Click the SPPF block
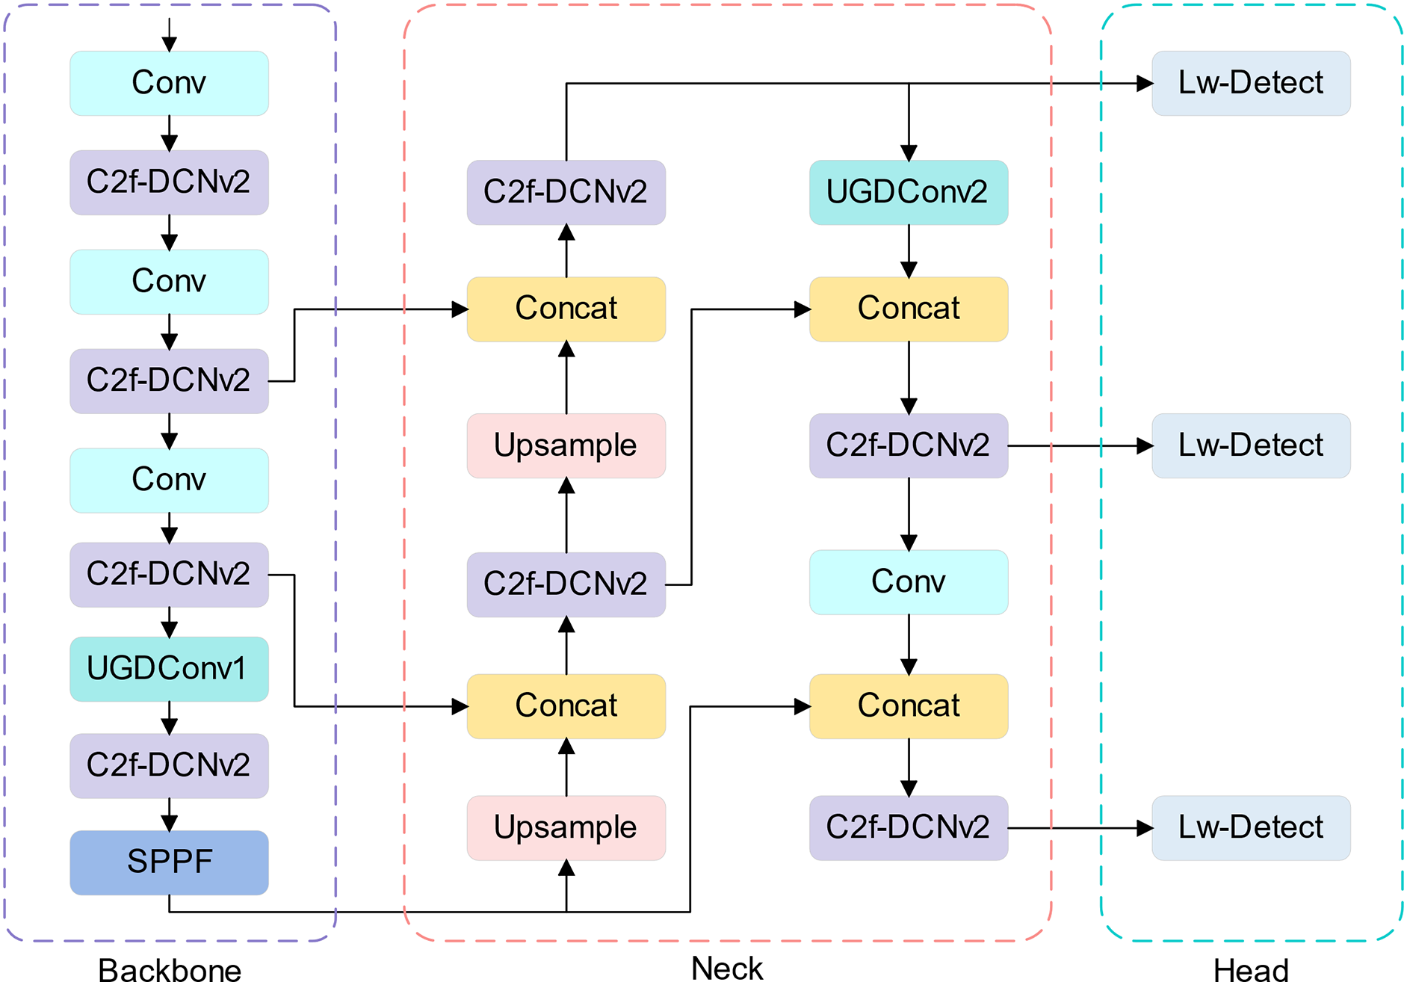click(x=169, y=862)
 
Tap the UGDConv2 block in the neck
click(x=908, y=192)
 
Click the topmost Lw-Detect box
click(x=1250, y=83)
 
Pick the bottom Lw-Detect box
click(x=1250, y=827)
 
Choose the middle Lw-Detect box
click(x=1250, y=445)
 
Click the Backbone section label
click(x=170, y=970)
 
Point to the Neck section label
click(x=726, y=969)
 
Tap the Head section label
click(x=1250, y=970)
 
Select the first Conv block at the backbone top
click(x=169, y=83)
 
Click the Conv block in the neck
click(x=908, y=582)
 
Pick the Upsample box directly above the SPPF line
click(x=566, y=827)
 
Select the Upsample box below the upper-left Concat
click(x=566, y=445)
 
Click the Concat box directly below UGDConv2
click(x=908, y=309)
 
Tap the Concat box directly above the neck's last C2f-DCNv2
click(x=908, y=706)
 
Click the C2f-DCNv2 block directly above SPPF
click(x=169, y=765)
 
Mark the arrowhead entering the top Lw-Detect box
click(x=1144, y=84)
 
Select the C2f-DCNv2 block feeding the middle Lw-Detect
click(x=908, y=445)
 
